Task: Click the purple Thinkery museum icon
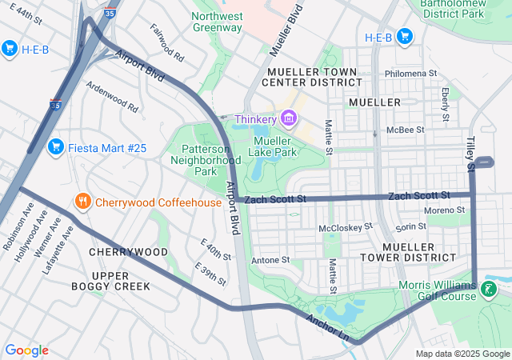point(288,119)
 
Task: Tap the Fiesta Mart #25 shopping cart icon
point(55,146)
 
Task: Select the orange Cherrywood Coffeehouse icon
point(82,202)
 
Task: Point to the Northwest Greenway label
point(218,21)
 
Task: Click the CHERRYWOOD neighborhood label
point(128,252)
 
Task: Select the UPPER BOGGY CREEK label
point(110,280)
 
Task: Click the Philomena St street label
point(410,73)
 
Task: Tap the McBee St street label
point(405,130)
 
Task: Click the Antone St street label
point(270,260)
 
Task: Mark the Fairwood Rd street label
point(167,43)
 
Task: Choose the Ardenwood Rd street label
point(112,97)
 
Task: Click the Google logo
point(26,350)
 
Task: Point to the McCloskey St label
point(346,228)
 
